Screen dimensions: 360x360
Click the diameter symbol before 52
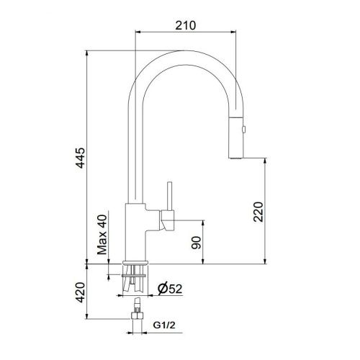point(162,289)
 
